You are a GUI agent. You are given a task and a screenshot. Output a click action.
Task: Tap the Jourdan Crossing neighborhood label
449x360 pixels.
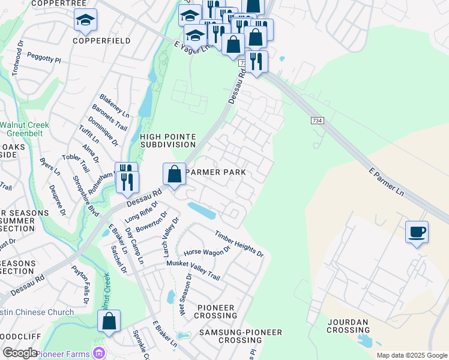pos(348,326)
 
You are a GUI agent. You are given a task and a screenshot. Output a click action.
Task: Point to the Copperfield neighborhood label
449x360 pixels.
pos(93,41)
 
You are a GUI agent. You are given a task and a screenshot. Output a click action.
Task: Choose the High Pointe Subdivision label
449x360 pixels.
pos(168,140)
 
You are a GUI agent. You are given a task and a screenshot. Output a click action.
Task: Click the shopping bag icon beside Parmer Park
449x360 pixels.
pos(173,175)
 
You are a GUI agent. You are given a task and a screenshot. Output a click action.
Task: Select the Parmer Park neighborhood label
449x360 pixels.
pos(216,172)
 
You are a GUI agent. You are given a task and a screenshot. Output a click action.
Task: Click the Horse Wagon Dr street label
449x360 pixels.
pos(207,252)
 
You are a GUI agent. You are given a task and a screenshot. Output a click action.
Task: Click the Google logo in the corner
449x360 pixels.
pos(20,353)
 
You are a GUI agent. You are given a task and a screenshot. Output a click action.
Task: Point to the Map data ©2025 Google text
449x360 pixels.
pos(411,355)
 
